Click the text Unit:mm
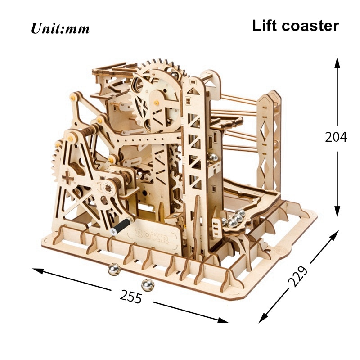60,29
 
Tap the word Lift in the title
265,25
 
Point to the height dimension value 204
336,137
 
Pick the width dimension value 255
131,296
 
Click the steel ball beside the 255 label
146,284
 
